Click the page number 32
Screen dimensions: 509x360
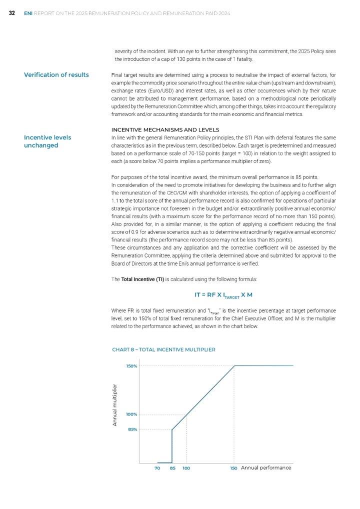(11, 13)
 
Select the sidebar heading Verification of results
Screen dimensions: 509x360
(56, 75)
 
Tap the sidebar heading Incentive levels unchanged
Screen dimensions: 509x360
(47, 141)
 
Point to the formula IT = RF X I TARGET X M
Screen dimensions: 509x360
(223, 294)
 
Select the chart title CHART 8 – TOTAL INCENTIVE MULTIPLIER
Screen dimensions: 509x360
(163, 349)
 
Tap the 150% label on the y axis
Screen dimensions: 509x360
(131, 366)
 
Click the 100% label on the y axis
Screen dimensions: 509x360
(131, 414)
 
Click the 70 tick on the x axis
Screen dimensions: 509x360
(157, 468)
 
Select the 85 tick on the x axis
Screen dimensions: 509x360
(172, 468)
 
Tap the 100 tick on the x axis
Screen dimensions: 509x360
(186, 468)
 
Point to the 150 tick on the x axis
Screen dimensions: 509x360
(233, 468)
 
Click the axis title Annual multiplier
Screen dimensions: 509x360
(115, 404)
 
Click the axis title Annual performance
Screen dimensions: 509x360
(266, 467)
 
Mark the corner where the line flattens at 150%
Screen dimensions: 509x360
(234, 366)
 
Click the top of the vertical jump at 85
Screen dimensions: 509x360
(172, 429)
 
